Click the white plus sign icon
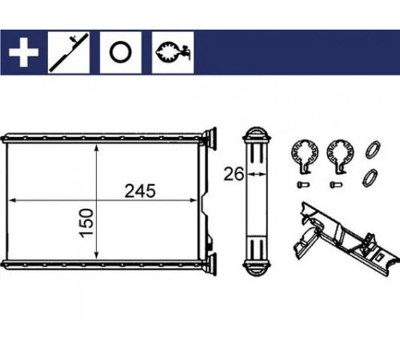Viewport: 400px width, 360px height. click(23, 52)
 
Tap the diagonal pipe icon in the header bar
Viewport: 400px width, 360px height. click(69, 53)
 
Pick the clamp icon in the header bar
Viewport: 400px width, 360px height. click(173, 52)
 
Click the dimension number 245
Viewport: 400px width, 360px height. click(140, 191)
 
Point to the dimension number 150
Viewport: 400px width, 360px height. click(86, 222)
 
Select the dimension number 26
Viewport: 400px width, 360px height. click(234, 174)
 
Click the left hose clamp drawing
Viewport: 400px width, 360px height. click(305, 157)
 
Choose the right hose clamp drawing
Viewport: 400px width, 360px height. click(340, 157)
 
